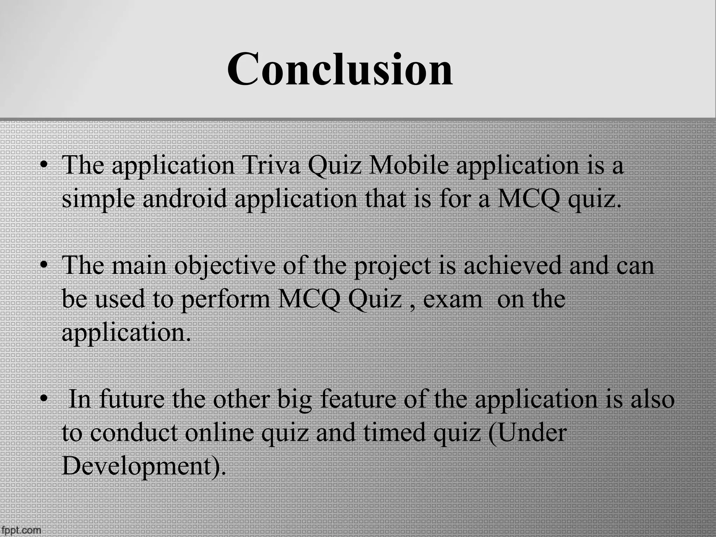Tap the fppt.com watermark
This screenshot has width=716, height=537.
(21, 530)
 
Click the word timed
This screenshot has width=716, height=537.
(394, 433)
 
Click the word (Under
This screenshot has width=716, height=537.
(527, 433)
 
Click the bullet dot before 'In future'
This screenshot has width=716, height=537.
(43, 399)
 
